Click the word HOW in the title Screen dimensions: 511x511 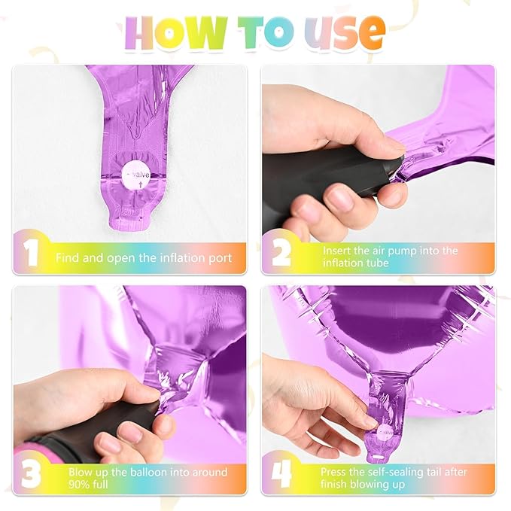(176, 33)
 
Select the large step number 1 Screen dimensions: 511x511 (31, 253)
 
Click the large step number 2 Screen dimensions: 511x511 (281, 253)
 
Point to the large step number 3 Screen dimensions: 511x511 (31, 475)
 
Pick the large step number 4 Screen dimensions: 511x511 (281, 474)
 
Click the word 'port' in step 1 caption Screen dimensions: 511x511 (219, 258)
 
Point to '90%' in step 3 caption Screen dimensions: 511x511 (78, 484)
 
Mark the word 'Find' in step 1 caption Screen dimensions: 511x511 (67, 258)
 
